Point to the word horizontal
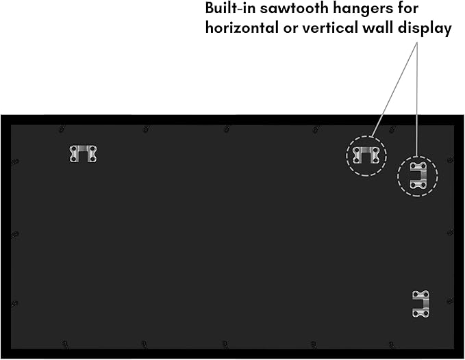pyautogui.click(x=242, y=28)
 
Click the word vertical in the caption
pyautogui.click(x=325, y=28)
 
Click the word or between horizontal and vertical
pyautogui.click(x=290, y=29)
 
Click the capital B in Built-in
pyautogui.click(x=210, y=8)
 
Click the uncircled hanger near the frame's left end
pyautogui.click(x=83, y=153)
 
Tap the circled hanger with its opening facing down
pyautogui.click(x=366, y=155)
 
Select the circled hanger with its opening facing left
pyautogui.click(x=418, y=176)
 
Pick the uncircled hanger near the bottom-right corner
pyautogui.click(x=420, y=304)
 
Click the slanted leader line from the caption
pyautogui.click(x=393, y=90)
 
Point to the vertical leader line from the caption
pyautogui.click(x=416, y=99)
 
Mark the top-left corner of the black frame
pyautogui.click(x=1, y=115)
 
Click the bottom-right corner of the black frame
pyautogui.click(x=464, y=359)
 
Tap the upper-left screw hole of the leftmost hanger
pyautogui.click(x=73, y=148)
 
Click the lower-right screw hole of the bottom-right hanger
pyautogui.click(x=425, y=313)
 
